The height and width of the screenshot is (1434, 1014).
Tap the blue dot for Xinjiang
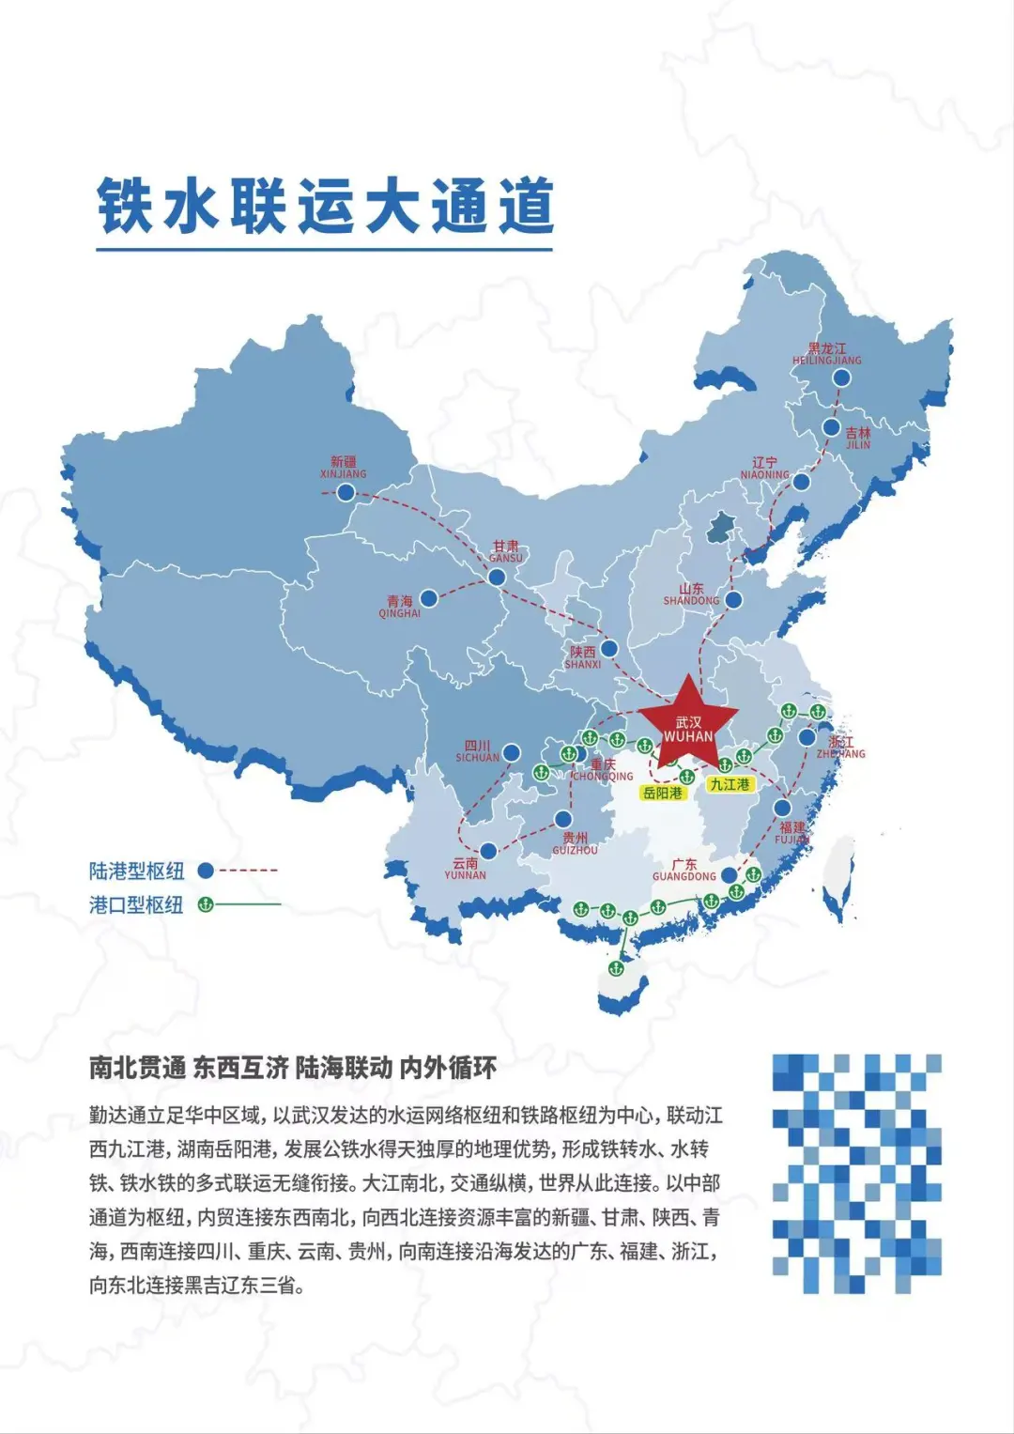(346, 492)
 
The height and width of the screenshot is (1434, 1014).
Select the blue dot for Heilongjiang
(842, 378)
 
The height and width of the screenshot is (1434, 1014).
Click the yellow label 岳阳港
(663, 794)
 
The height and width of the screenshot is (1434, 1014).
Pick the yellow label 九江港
(730, 784)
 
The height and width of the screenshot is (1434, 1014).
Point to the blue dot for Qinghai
(429, 598)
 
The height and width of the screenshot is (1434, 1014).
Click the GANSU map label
(506, 558)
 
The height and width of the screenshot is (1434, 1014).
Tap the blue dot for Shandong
(733, 599)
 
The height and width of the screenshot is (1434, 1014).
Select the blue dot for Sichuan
(512, 752)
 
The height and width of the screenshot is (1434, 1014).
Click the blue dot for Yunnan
(488, 851)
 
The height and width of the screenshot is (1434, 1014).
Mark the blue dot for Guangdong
(729, 875)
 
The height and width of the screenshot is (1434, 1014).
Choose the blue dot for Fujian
(782, 808)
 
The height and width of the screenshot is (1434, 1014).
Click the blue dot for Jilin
(831, 427)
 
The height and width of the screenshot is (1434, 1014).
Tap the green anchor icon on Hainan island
(616, 967)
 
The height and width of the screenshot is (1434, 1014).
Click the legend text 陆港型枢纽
(136, 871)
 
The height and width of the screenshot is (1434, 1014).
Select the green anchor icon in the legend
(206, 904)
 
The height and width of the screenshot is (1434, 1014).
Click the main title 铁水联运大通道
(325, 207)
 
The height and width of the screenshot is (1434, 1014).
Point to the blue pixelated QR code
(856, 1173)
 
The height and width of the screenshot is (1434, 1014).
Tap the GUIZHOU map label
(575, 850)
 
